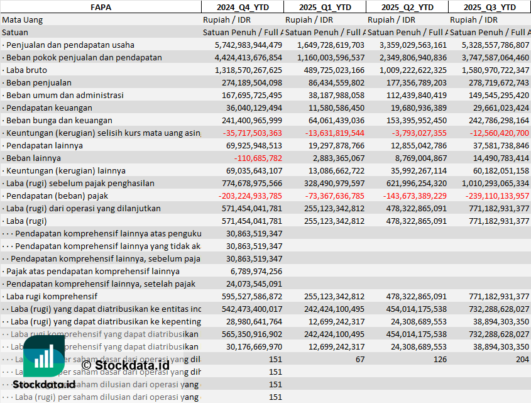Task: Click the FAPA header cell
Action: tap(101, 7)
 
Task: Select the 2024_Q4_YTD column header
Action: tap(242, 7)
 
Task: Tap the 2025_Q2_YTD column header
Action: tap(407, 7)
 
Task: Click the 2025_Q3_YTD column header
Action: tap(490, 7)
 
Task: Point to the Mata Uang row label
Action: tap(23, 19)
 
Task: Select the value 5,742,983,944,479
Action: tap(248, 45)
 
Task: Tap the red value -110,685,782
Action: tap(258, 158)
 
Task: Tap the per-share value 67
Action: tap(359, 359)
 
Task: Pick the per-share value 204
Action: tap(522, 359)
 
